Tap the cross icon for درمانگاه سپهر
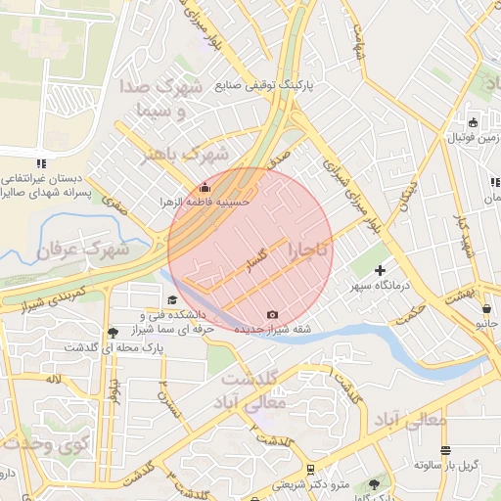(x=381, y=269)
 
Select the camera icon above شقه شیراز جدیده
(x=271, y=315)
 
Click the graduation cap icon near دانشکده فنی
(x=172, y=300)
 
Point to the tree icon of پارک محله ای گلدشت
(x=114, y=333)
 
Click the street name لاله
(x=52, y=378)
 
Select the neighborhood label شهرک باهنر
(x=186, y=154)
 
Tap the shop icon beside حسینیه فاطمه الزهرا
(x=205, y=187)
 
